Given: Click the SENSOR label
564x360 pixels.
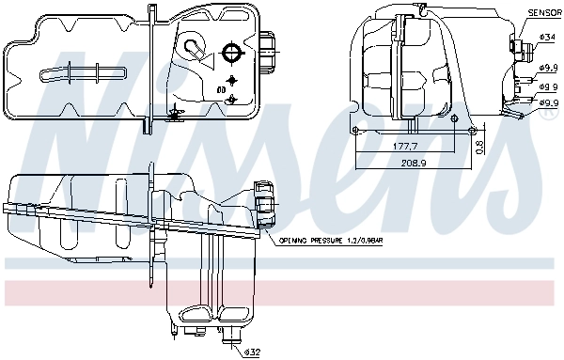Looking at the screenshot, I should pyautogui.click(x=543, y=12).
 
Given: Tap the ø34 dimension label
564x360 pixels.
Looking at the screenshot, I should pyautogui.click(x=549, y=37).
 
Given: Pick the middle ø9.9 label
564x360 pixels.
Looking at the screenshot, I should pyautogui.click(x=549, y=85).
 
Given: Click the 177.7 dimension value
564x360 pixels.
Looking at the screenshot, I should pyautogui.click(x=406, y=148).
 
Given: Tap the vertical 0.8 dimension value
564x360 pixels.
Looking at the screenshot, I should pyautogui.click(x=478, y=146).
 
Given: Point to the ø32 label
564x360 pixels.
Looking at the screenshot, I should pyautogui.click(x=251, y=352).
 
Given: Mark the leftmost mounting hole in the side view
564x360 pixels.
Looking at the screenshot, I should pyautogui.click(x=357, y=130).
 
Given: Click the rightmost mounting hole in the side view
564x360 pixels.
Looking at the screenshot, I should pyautogui.click(x=473, y=129).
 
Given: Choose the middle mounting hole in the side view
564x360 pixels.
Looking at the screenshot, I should pyautogui.click(x=456, y=119).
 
